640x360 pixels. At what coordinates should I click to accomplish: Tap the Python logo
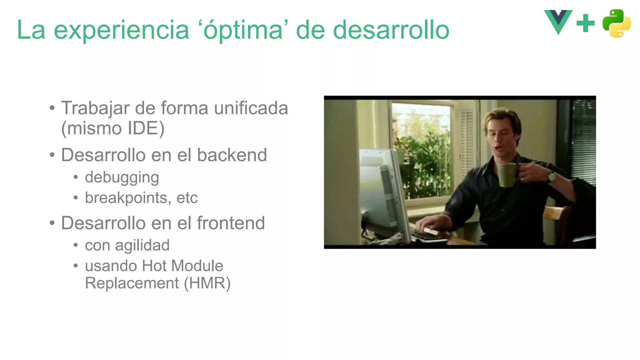point(616,23)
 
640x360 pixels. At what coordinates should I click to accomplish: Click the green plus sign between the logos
point(585,23)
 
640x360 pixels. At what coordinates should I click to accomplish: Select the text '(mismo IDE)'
point(112,128)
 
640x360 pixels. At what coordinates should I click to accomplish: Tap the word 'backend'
point(232,155)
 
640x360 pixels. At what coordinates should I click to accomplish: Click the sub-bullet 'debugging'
point(122,177)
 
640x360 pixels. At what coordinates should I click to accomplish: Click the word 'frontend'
point(231,223)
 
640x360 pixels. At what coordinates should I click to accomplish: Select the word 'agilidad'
point(142,245)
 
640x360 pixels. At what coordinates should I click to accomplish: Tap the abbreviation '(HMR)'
point(207,283)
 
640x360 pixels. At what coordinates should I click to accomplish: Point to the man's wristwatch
point(551,177)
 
